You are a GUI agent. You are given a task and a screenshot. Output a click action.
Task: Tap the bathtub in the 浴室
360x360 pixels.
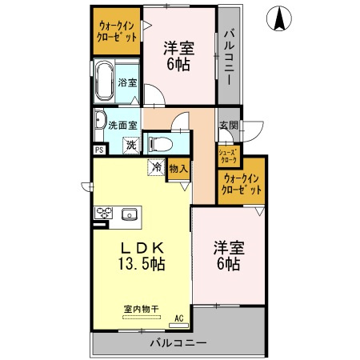click(105, 82)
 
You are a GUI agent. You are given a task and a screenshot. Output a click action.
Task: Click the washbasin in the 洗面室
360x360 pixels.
click(100, 122)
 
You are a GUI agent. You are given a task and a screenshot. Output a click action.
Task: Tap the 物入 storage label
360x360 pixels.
click(178, 168)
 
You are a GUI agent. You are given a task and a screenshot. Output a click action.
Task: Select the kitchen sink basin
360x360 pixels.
click(129, 214)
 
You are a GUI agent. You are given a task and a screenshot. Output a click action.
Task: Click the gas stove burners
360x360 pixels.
click(105, 214)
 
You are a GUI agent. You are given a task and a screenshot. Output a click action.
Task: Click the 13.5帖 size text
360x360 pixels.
click(141, 264)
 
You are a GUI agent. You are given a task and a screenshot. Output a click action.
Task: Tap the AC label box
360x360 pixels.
click(179, 318)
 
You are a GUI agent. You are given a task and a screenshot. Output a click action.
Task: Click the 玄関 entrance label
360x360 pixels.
click(228, 125)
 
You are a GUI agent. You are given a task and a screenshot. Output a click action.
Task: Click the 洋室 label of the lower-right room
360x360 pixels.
click(228, 247)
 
